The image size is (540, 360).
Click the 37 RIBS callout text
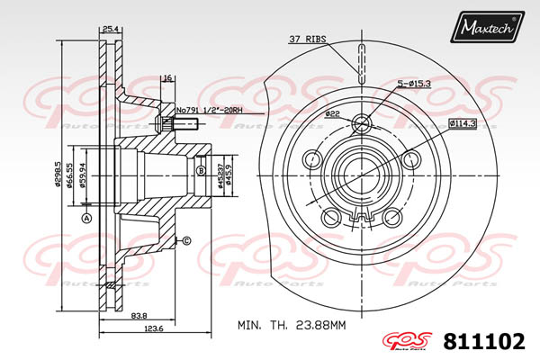pos(308,39)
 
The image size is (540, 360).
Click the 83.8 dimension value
pos(139,315)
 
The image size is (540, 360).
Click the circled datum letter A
pos(86,220)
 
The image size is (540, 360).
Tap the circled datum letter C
pos(186,240)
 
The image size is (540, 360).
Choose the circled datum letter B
pos(201,169)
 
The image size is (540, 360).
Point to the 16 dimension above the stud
pos(167,79)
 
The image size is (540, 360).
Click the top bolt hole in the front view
pos(362,123)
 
